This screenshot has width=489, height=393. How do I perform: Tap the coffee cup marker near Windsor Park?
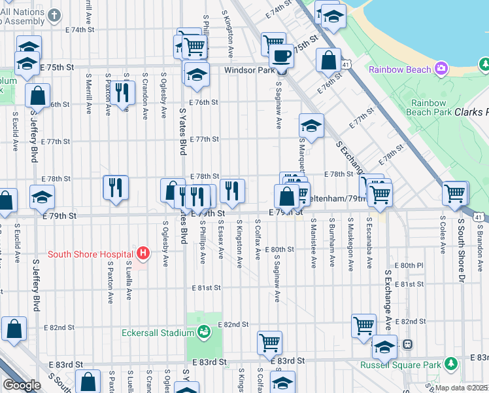point(282,55)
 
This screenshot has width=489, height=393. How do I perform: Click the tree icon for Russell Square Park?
point(450,364)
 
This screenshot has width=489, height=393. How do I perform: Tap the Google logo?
point(21,384)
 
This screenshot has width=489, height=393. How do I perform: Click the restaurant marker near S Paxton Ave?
point(121,94)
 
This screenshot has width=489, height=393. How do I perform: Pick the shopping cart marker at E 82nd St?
point(363,326)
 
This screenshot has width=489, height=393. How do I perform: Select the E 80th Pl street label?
point(413,265)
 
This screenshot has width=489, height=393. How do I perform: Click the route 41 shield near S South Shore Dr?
point(479,217)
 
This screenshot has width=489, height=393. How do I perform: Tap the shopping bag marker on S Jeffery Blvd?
point(38,96)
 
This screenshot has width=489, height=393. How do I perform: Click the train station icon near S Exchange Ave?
point(407,344)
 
